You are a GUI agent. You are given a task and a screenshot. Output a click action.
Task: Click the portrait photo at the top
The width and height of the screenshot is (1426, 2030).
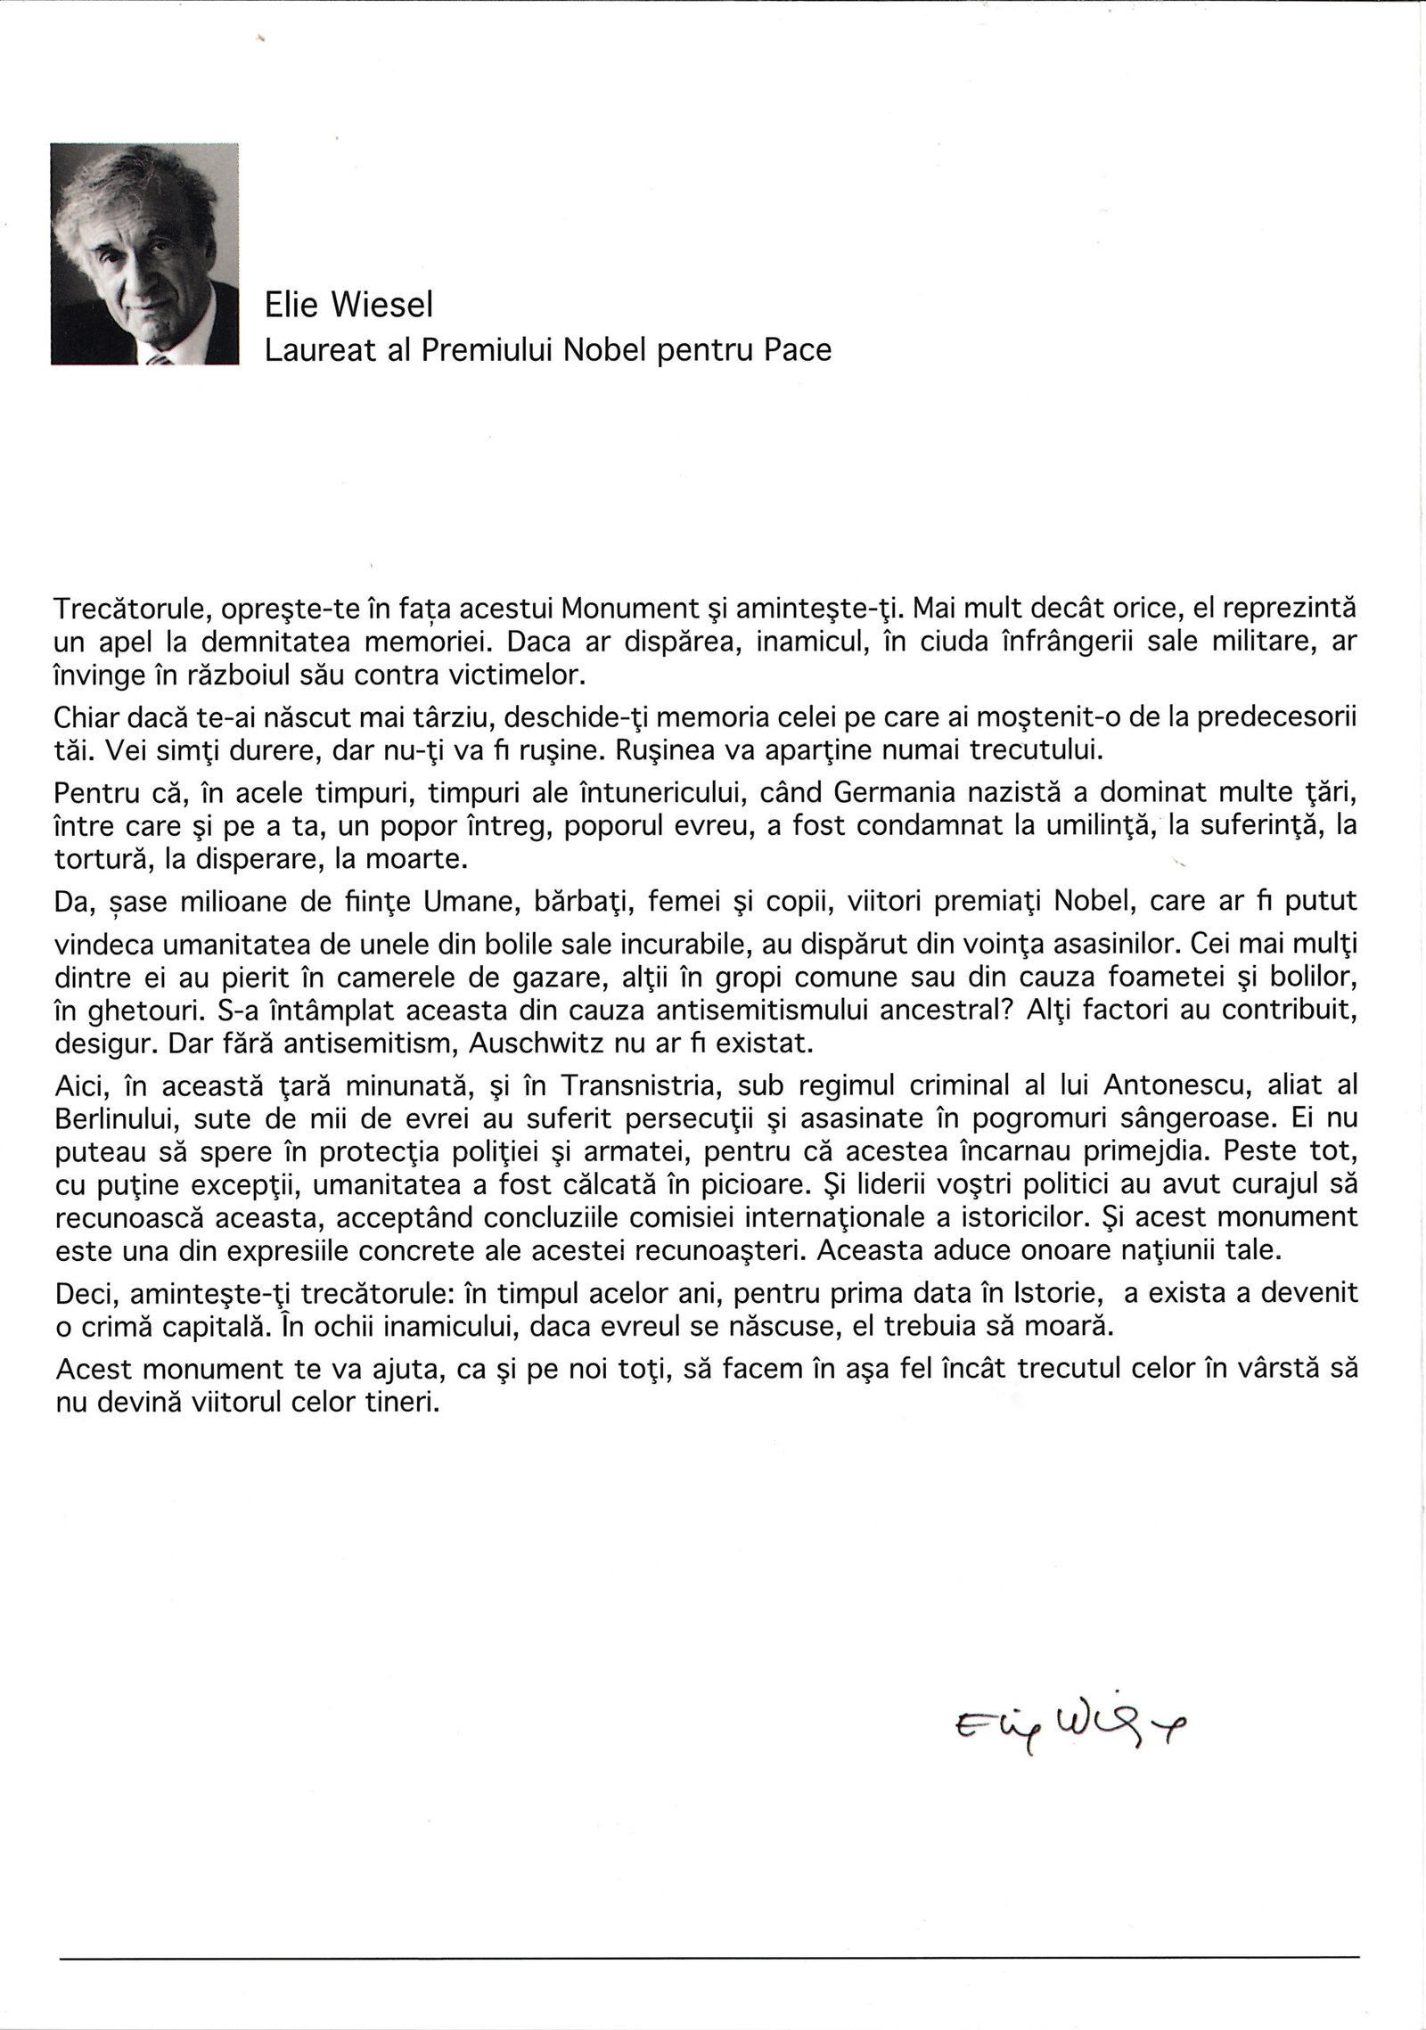point(145,254)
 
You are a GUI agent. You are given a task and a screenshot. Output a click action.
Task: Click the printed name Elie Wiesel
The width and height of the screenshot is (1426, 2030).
point(349,306)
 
